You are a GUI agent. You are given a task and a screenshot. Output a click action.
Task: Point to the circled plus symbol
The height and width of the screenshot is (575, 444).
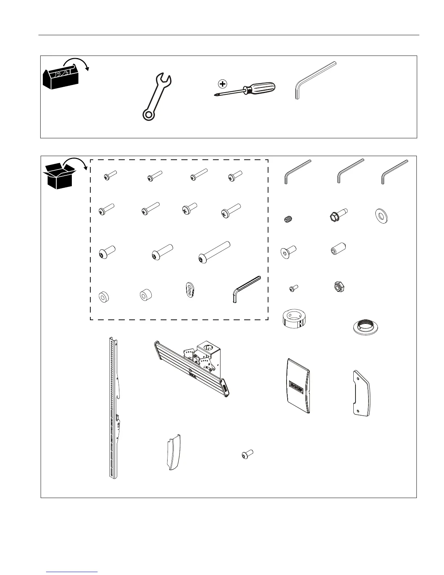tap(222, 84)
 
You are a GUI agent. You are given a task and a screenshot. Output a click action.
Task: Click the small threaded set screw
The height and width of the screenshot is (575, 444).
tap(288, 219)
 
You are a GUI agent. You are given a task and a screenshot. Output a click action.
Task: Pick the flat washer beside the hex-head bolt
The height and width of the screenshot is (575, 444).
tap(381, 216)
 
